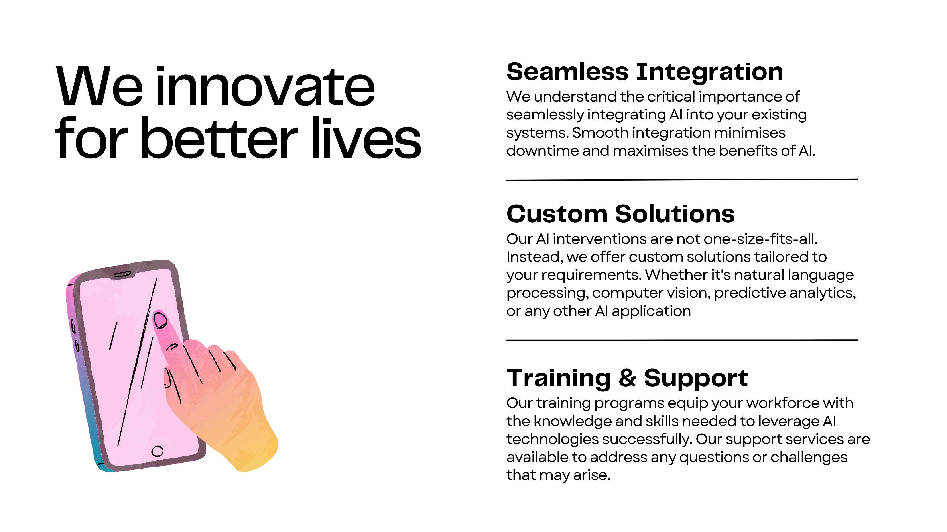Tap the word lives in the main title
(366, 139)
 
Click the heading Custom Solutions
(620, 214)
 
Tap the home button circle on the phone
(157, 451)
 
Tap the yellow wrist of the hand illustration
(254, 454)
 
